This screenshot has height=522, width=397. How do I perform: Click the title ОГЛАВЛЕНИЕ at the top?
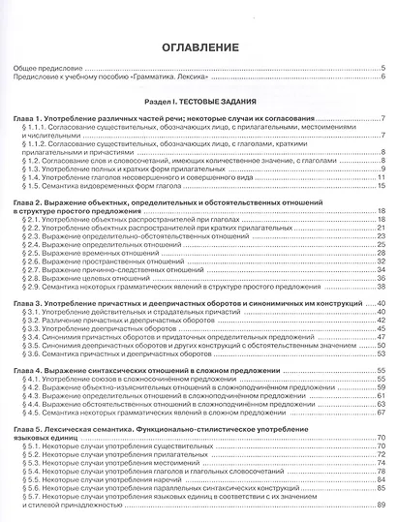198,46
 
